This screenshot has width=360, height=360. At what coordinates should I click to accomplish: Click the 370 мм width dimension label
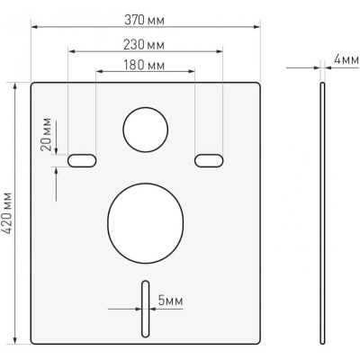[144, 21]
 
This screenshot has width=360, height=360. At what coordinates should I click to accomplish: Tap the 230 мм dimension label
[144, 45]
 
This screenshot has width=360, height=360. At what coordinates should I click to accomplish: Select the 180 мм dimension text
[144, 65]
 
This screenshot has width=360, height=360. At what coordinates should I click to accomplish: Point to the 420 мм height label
[6, 213]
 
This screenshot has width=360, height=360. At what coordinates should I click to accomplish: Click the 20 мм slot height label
[46, 135]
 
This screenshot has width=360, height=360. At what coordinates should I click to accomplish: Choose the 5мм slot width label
[170, 301]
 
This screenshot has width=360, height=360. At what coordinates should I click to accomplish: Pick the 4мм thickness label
[346, 59]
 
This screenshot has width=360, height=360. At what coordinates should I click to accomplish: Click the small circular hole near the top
[146, 130]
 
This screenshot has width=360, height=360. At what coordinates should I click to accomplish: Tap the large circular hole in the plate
[146, 223]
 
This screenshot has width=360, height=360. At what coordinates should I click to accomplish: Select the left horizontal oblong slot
[82, 160]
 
